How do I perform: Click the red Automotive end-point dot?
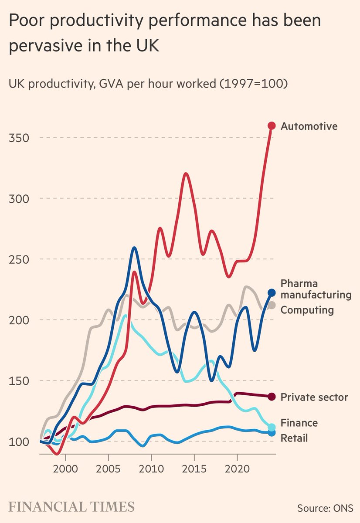tap(272, 126)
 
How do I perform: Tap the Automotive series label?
tap(309, 126)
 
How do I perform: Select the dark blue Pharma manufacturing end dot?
tap(272, 292)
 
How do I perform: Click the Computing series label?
tap(307, 310)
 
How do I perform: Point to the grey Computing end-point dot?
tap(271, 305)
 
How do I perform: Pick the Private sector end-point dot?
tap(272, 397)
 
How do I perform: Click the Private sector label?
tap(314, 397)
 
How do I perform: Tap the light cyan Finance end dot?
tap(272, 427)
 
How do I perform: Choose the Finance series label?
tap(299, 423)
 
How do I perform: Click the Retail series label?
tap(294, 438)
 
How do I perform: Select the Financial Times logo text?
tap(71, 507)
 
